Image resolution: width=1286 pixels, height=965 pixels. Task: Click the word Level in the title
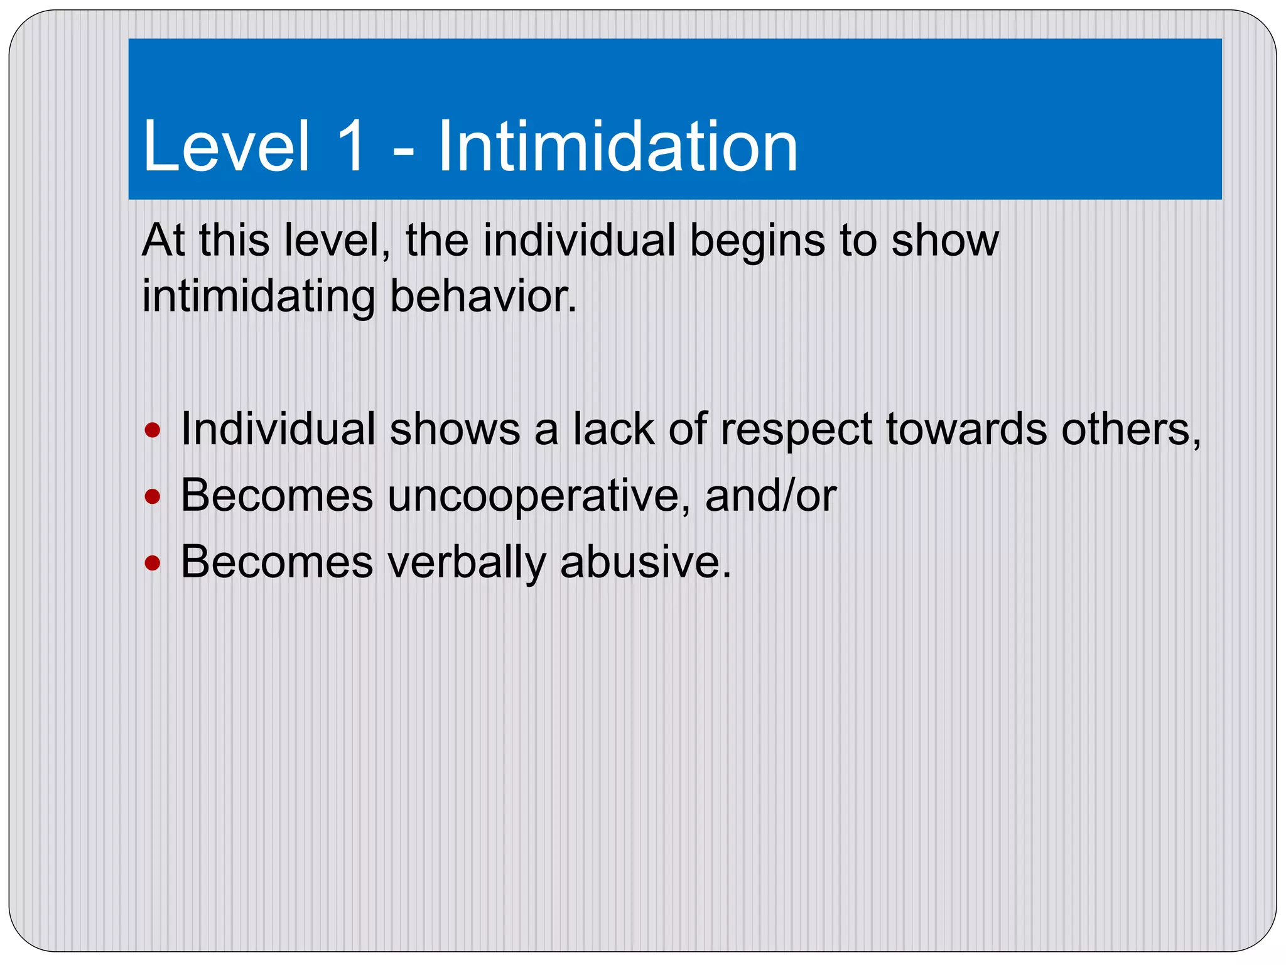coord(226,147)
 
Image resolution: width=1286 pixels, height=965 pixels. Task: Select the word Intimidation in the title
coord(617,147)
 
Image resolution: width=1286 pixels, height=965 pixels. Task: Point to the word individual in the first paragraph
coord(579,241)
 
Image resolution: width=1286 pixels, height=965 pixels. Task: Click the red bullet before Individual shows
coord(153,431)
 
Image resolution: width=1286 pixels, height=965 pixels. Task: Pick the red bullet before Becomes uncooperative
coord(153,498)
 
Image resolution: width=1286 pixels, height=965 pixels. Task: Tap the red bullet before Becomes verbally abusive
coord(153,563)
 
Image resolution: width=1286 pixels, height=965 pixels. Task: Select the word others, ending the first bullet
coord(1131,430)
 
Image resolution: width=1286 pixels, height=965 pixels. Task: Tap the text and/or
coord(770,496)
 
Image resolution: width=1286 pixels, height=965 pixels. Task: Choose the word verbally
coord(467,563)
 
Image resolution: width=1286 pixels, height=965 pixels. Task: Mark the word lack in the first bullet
coord(614,430)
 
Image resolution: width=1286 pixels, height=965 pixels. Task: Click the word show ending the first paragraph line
coord(944,241)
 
